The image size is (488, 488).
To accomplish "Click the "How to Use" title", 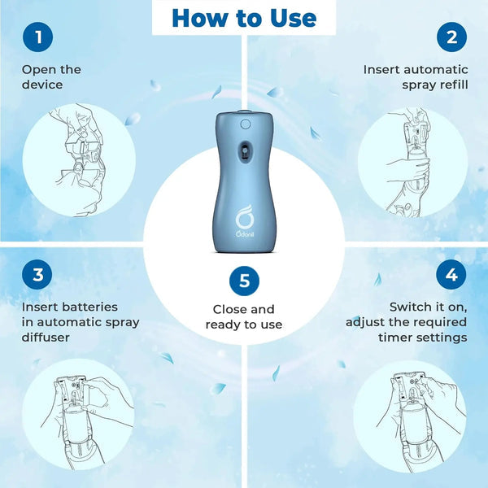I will [x=244, y=18].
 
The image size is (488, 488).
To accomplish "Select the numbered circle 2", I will [x=451, y=37].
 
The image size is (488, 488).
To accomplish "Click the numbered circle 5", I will [x=244, y=282].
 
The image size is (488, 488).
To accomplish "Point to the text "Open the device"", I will [x=52, y=76].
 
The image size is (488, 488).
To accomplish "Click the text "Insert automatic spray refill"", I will [x=416, y=76].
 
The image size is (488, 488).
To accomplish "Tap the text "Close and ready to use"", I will [x=244, y=316].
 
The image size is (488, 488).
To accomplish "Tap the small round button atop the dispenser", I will [x=245, y=124].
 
